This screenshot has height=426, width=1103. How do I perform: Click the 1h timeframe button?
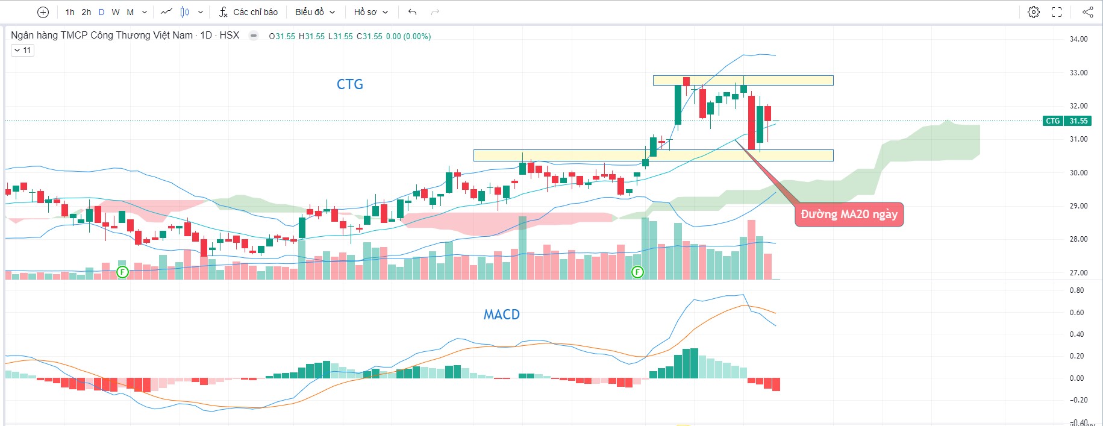pyautogui.click(x=70, y=12)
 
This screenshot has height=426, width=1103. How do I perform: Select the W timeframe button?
pyautogui.click(x=116, y=12)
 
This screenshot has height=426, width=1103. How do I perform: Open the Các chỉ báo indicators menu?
pyautogui.click(x=248, y=12)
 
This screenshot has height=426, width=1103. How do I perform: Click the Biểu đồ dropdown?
pyautogui.click(x=314, y=12)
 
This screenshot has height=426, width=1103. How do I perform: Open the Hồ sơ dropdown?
pyautogui.click(x=370, y=12)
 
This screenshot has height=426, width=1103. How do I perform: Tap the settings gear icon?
pyautogui.click(x=1034, y=12)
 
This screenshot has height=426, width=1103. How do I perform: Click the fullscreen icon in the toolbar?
pyautogui.click(x=1057, y=12)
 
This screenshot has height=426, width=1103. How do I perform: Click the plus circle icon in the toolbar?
pyautogui.click(x=43, y=12)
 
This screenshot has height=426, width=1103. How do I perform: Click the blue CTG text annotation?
pyautogui.click(x=349, y=84)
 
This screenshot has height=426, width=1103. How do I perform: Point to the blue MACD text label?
pyautogui.click(x=501, y=315)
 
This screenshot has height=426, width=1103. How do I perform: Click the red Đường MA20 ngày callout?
pyautogui.click(x=849, y=215)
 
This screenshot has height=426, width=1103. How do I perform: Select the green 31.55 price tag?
pyautogui.click(x=1078, y=121)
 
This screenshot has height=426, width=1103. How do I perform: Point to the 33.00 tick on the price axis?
pyautogui.click(x=1078, y=73)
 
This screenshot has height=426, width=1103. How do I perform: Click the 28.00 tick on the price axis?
pyautogui.click(x=1078, y=239)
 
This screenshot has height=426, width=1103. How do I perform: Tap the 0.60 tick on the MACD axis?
pyautogui.click(x=1076, y=313)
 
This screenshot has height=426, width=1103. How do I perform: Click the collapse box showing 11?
pyautogui.click(x=22, y=51)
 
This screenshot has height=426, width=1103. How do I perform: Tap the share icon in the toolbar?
pyautogui.click(x=1087, y=12)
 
